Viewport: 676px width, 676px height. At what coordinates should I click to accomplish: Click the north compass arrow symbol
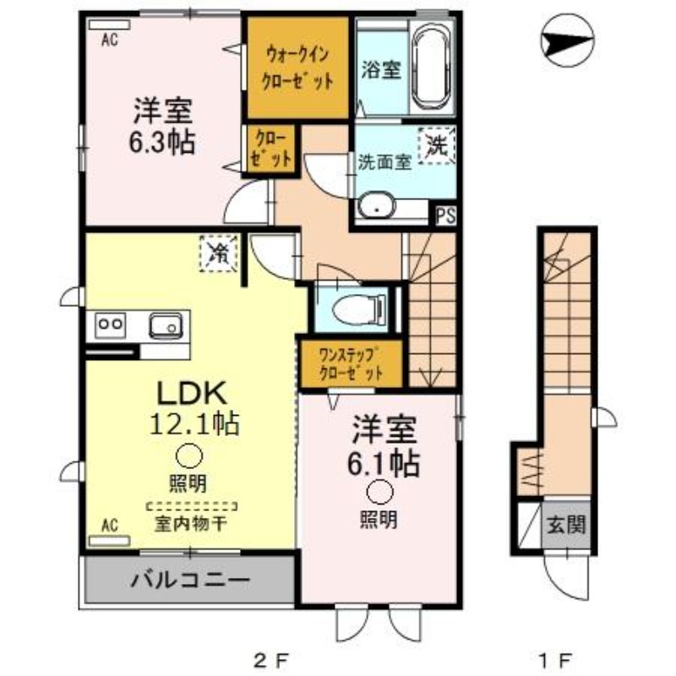click(x=566, y=39)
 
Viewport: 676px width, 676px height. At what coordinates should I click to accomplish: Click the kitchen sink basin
click(x=165, y=324)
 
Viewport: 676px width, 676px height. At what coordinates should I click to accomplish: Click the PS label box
click(x=445, y=215)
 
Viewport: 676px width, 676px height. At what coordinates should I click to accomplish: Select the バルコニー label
click(x=190, y=581)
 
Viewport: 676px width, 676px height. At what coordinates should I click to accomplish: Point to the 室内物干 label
click(x=189, y=523)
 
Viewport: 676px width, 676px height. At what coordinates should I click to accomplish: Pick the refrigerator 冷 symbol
click(x=219, y=251)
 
